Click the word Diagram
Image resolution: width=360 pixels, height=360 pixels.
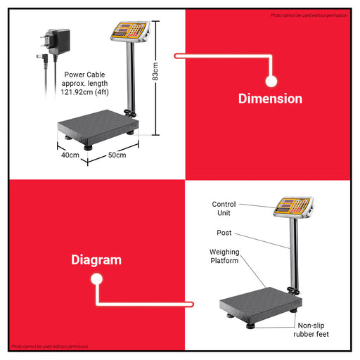pos(96,259)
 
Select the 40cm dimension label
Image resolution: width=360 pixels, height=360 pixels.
pos(69,155)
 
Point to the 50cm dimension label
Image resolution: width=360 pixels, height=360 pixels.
pos(117,155)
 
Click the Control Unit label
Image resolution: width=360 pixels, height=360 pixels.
pos(224,208)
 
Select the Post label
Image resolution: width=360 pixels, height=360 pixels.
pos(224,233)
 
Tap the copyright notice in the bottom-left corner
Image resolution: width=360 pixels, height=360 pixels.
pos(50,347)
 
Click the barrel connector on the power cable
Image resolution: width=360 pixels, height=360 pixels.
pos(35,58)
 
